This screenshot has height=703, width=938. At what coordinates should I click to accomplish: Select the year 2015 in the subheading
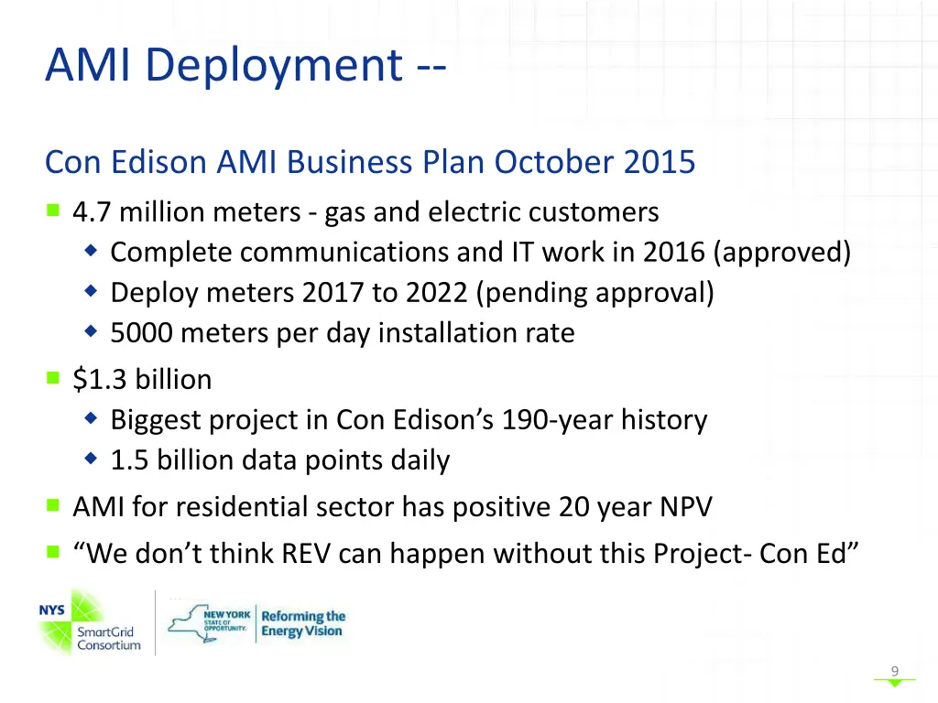coord(660,163)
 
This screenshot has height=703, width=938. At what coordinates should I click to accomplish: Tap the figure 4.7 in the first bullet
coord(93,212)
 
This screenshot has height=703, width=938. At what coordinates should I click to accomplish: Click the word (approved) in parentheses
coord(786,252)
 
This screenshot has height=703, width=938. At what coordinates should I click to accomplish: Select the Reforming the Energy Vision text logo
coord(302,624)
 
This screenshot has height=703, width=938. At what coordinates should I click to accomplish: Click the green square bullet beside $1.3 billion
coord(53,377)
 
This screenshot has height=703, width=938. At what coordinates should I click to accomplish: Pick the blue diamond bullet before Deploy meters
coord(91,292)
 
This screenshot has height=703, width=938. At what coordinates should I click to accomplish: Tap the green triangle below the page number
coord(895,683)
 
